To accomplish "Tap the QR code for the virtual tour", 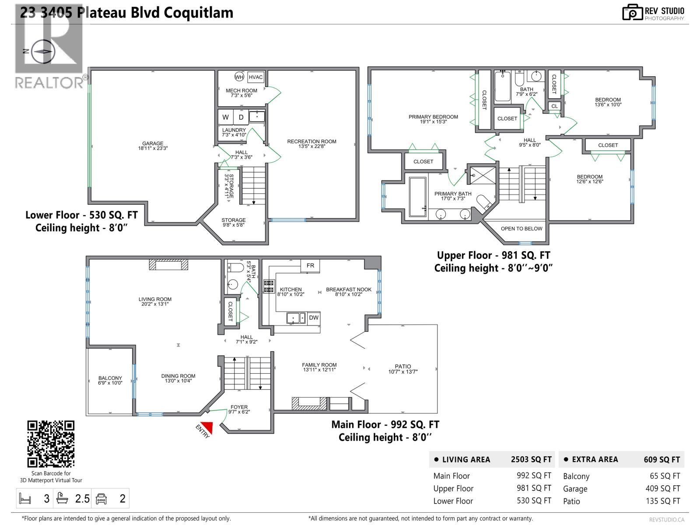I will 51,444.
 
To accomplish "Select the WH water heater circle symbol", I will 239,77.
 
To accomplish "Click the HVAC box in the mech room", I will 255,77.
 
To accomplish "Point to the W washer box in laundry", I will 226,117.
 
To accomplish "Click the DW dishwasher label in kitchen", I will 314,318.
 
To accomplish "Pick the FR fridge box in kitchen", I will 310,266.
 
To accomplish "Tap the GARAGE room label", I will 153,143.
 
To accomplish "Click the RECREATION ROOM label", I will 311,141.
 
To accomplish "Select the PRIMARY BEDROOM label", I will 433,117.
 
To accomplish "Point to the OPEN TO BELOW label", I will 521,228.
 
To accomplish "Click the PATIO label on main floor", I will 403,367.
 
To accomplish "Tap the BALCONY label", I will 110,378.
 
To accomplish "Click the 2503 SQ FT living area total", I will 531,459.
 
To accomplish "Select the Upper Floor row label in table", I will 453,489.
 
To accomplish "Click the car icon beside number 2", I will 101,499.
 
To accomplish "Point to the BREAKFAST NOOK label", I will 349,290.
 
